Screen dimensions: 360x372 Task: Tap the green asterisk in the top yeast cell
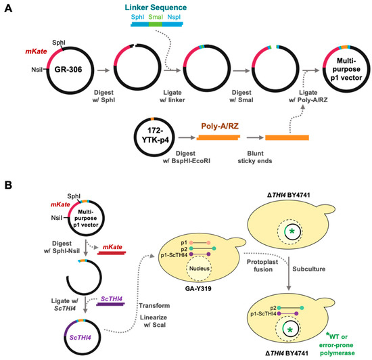292,232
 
